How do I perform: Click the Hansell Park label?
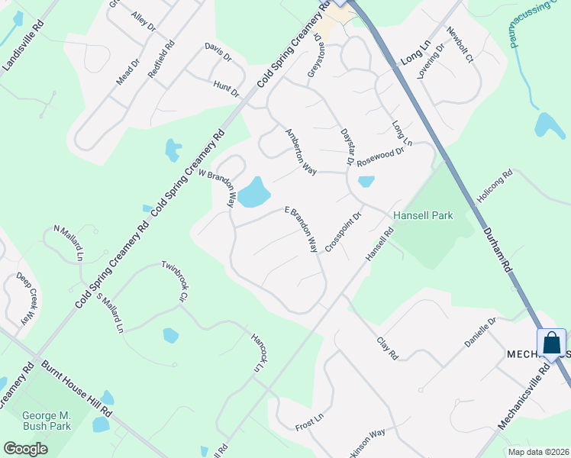pyautogui.click(x=423, y=215)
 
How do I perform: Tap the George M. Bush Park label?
pyautogui.click(x=47, y=421)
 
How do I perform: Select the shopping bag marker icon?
pyautogui.click(x=552, y=343)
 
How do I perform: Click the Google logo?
pyautogui.click(x=25, y=449)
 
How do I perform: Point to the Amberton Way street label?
pyautogui.click(x=300, y=150)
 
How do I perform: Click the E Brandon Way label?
pyautogui.click(x=302, y=229)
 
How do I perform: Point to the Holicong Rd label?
pyautogui.click(x=497, y=186)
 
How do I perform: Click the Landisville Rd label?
pyautogui.click(x=24, y=47)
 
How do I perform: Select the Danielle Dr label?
pyautogui.click(x=481, y=332)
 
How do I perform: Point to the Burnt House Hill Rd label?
pyautogui.click(x=76, y=389)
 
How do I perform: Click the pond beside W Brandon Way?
pyautogui.click(x=253, y=193)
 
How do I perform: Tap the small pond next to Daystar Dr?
pyautogui.click(x=366, y=182)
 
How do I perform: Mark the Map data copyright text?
pyautogui.click(x=539, y=451)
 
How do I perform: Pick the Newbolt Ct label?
pyautogui.click(x=460, y=45)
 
